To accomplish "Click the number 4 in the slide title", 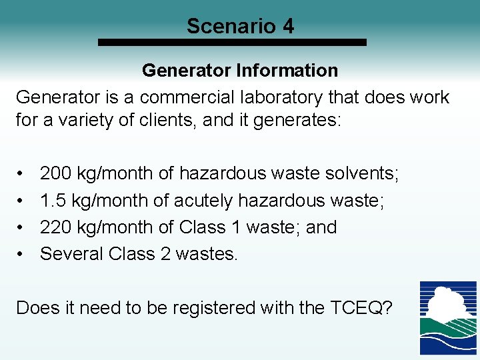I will click(x=287, y=26).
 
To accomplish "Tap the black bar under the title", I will click(x=232, y=42).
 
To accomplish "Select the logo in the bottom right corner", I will click(x=447, y=318).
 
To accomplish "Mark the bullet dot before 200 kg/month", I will click(x=21, y=175).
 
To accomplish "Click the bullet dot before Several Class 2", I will click(x=21, y=255).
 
